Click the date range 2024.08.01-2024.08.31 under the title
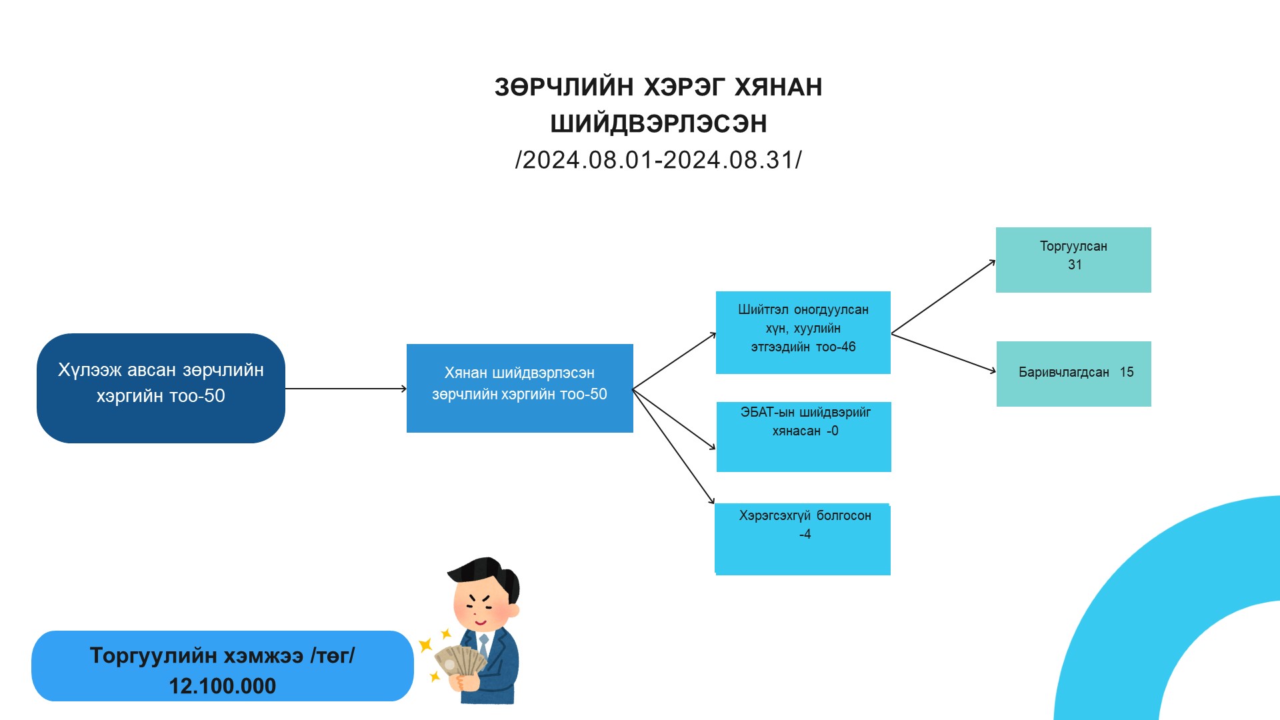tap(659, 160)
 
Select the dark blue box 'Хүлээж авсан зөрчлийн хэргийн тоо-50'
tap(161, 388)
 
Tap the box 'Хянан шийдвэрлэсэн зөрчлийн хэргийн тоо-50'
tap(519, 388)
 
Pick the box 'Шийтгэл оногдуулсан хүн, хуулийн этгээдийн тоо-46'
tap(803, 332)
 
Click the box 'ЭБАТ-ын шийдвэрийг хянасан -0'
tap(803, 437)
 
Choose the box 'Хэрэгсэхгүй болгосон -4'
tap(803, 539)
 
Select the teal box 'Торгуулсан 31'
tap(1073, 259)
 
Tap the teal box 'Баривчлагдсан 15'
tap(1073, 373)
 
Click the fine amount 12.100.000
tap(222, 686)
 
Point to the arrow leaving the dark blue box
tap(345, 389)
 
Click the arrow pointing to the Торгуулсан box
tap(943, 297)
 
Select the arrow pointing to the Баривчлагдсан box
tap(943, 353)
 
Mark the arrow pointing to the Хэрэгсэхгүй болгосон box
tap(673, 447)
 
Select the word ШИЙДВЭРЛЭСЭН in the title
tap(659, 124)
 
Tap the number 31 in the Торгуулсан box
tap(1075, 265)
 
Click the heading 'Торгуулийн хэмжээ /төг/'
tap(222, 656)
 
